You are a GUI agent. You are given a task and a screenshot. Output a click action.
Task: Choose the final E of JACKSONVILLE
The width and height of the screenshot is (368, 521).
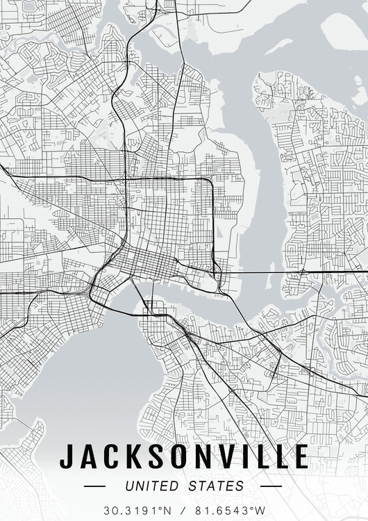300,457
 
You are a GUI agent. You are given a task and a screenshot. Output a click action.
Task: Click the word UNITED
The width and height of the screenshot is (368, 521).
152,486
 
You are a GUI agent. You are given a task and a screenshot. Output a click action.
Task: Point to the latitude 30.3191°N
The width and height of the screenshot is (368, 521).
137,511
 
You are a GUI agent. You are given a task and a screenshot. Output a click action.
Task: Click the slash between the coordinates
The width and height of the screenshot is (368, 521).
183,511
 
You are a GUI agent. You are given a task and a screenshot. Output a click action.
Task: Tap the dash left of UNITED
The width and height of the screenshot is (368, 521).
96,486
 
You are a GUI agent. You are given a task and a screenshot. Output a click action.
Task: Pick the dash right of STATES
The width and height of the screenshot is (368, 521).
271,486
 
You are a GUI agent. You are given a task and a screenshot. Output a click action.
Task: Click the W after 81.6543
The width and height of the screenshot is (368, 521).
260,511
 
